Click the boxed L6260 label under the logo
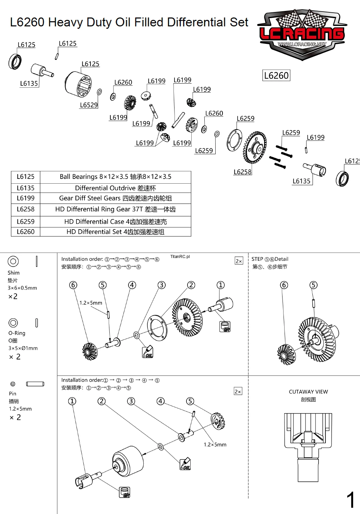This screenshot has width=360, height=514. [276, 75]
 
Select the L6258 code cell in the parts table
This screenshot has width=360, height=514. [26, 209]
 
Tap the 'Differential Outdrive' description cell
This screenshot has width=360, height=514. [115, 188]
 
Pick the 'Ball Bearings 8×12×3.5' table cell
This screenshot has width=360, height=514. [115, 177]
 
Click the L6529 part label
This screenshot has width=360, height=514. [89, 105]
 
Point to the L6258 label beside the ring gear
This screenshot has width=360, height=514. [242, 172]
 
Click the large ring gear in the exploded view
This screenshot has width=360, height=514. [255, 147]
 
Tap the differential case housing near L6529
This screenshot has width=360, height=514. [78, 84]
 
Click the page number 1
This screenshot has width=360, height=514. [350, 500]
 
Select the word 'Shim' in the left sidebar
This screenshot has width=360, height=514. [14, 273]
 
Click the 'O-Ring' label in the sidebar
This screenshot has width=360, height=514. [17, 333]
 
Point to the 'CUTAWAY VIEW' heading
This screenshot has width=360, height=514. [308, 392]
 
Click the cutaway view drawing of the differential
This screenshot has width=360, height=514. [308, 445]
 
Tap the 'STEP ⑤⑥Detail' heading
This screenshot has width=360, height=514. [270, 259]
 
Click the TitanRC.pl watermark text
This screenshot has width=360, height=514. [180, 257]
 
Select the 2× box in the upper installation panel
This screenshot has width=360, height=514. [239, 261]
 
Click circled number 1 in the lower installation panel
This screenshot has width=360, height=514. [72, 401]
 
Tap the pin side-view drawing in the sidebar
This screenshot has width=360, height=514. [35, 384]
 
